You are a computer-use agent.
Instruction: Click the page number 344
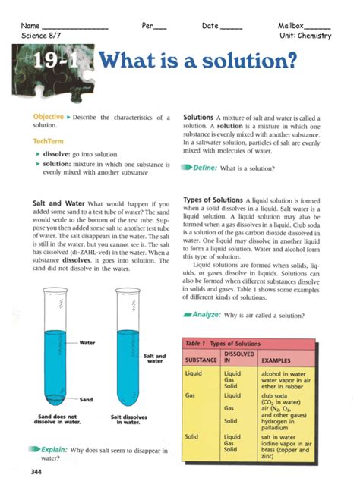36,471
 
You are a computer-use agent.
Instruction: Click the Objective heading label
47,117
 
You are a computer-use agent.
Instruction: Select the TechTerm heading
48,141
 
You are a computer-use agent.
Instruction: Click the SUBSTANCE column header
201,359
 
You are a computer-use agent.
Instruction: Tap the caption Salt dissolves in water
128,418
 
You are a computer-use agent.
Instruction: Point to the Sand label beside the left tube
86,399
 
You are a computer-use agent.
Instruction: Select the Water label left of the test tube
87,343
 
